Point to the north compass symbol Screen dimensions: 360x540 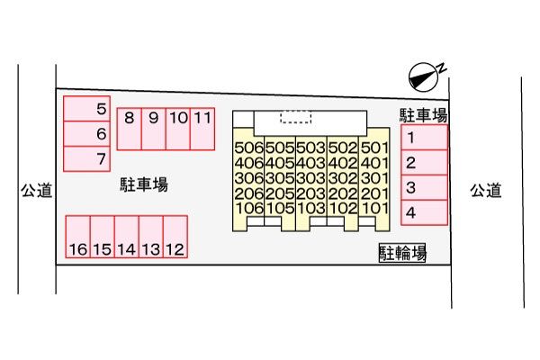pos(422,76)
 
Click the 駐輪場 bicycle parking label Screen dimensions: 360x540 pos(401,253)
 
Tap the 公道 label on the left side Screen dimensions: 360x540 pos(38,190)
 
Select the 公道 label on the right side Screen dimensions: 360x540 pos(485,190)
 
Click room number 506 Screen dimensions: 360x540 pos(248,148)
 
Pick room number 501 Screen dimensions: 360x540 pos(373,148)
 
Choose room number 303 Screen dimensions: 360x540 pos(310,178)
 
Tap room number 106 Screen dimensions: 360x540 pos(248,209)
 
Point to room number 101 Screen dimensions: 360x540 pos(373,209)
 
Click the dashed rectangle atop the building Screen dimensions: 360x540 pos(295,117)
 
